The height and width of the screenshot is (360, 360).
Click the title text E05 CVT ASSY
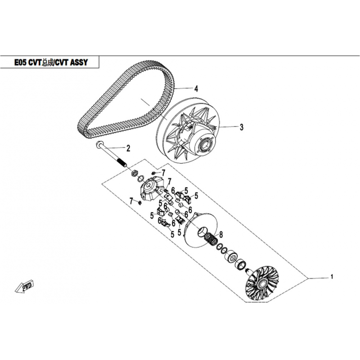tap(49, 62)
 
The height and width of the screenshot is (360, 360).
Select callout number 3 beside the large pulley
tap(241, 127)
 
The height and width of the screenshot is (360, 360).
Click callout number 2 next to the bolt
tap(128, 148)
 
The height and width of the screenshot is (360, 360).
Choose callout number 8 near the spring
tap(221, 234)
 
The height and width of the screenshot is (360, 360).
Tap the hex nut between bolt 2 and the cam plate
tap(134, 173)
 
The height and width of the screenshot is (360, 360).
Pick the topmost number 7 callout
tap(164, 172)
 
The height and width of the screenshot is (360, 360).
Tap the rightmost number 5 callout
tap(196, 195)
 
